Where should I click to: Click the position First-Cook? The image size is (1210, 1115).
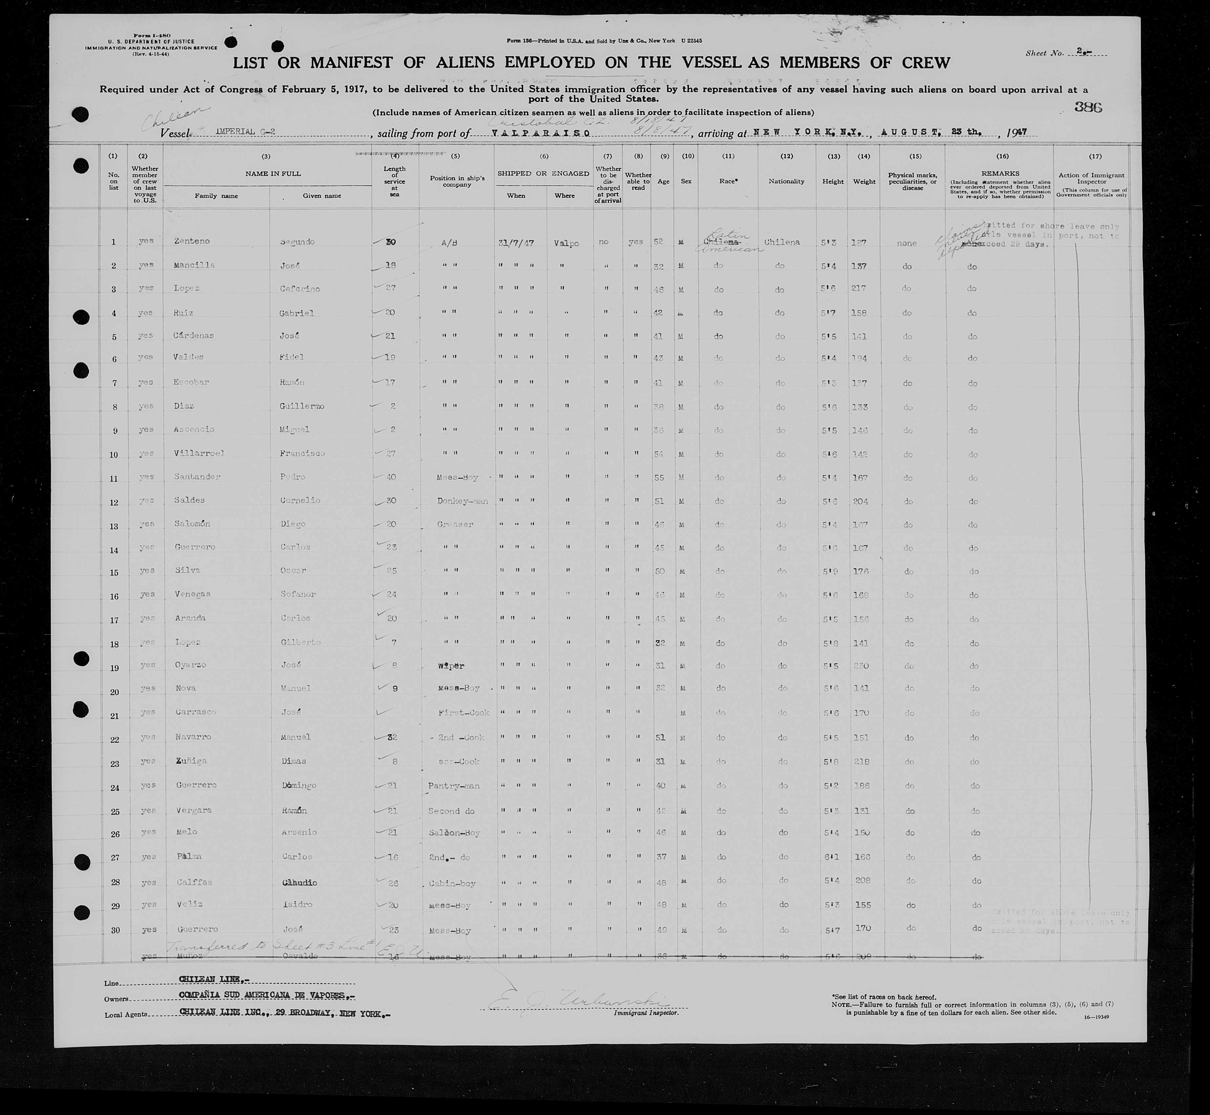coord(463,713)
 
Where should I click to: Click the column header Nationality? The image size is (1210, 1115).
coord(786,181)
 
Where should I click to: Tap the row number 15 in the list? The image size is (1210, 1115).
coord(114,571)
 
